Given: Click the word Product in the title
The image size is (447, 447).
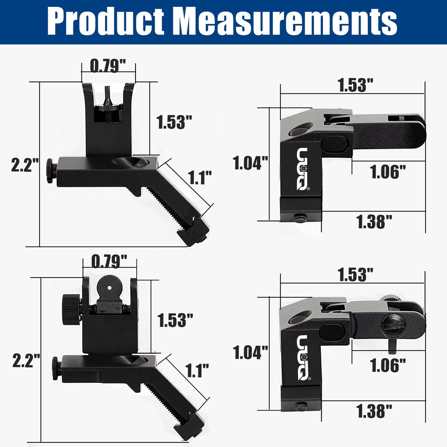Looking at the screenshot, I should coord(106,21).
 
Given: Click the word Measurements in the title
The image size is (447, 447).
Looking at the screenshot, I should coord(287,21).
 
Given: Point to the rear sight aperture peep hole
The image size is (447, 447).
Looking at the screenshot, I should coord(109,288).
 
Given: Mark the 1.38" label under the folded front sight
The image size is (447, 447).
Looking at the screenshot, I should coord(374,222).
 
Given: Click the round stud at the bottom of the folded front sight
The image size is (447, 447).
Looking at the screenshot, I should coord(300,218).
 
